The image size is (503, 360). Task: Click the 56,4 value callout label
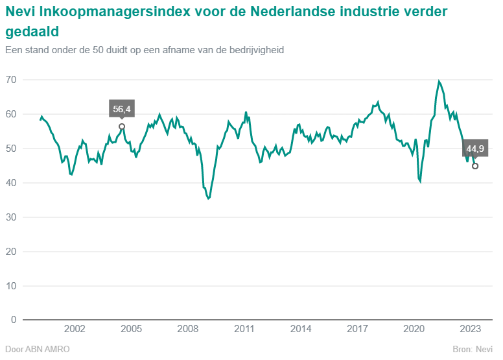122,109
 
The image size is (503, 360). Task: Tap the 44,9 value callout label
475,149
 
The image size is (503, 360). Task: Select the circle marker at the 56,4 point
122,126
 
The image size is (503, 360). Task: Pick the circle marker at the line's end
475,166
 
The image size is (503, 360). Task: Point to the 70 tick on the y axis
10,80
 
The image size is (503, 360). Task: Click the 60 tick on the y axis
10,114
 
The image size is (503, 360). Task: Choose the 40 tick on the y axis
10,183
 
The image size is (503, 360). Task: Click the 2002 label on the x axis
75,330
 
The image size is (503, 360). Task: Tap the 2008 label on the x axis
187,330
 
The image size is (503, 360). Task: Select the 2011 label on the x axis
244,330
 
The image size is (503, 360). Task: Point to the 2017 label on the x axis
357,330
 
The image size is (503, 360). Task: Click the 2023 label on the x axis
470,330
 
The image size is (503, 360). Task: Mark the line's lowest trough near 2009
208,198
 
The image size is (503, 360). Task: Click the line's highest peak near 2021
439,81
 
